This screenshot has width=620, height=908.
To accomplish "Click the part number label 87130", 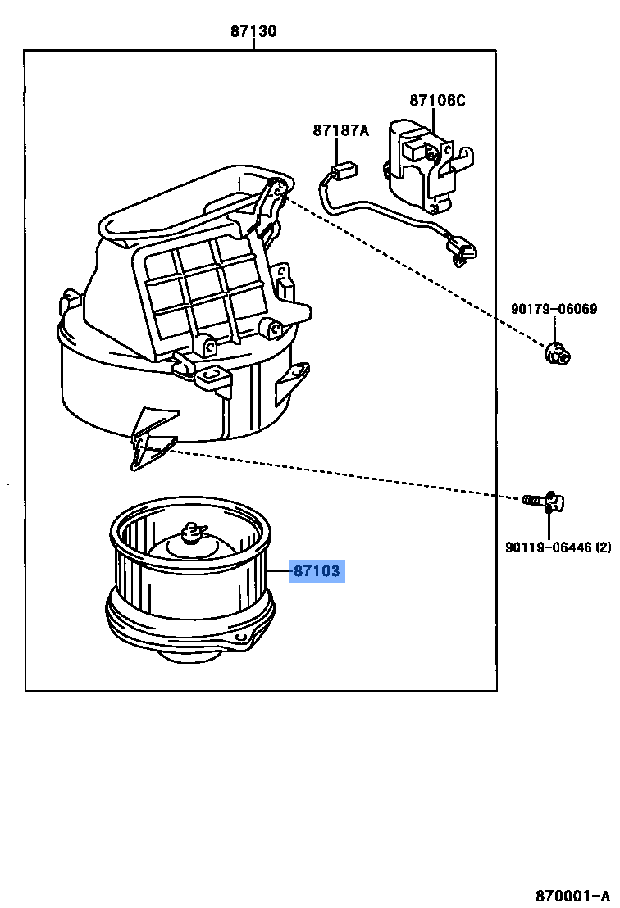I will click(x=253, y=31).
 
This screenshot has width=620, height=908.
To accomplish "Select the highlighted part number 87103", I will click(x=317, y=571).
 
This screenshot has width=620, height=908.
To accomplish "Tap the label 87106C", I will click(x=437, y=100).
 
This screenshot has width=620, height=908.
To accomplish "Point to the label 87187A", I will click(x=340, y=130).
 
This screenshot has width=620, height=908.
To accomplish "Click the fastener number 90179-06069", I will click(x=554, y=309).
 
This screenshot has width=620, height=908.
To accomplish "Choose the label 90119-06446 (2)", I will click(x=558, y=547).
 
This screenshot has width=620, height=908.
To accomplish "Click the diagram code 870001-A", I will click(x=574, y=896).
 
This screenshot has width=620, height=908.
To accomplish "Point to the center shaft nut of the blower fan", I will click(x=194, y=533).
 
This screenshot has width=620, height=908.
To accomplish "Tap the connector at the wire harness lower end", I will click(x=461, y=247).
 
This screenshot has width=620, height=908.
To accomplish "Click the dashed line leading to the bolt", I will click(x=344, y=474).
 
